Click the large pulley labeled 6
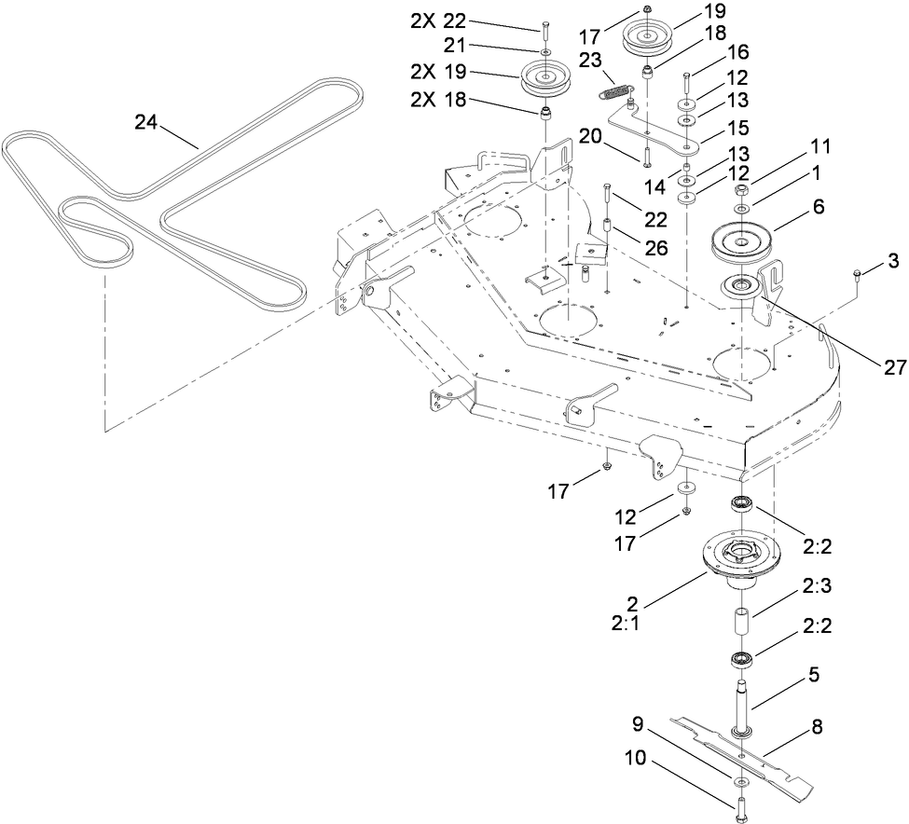click(750, 244)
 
